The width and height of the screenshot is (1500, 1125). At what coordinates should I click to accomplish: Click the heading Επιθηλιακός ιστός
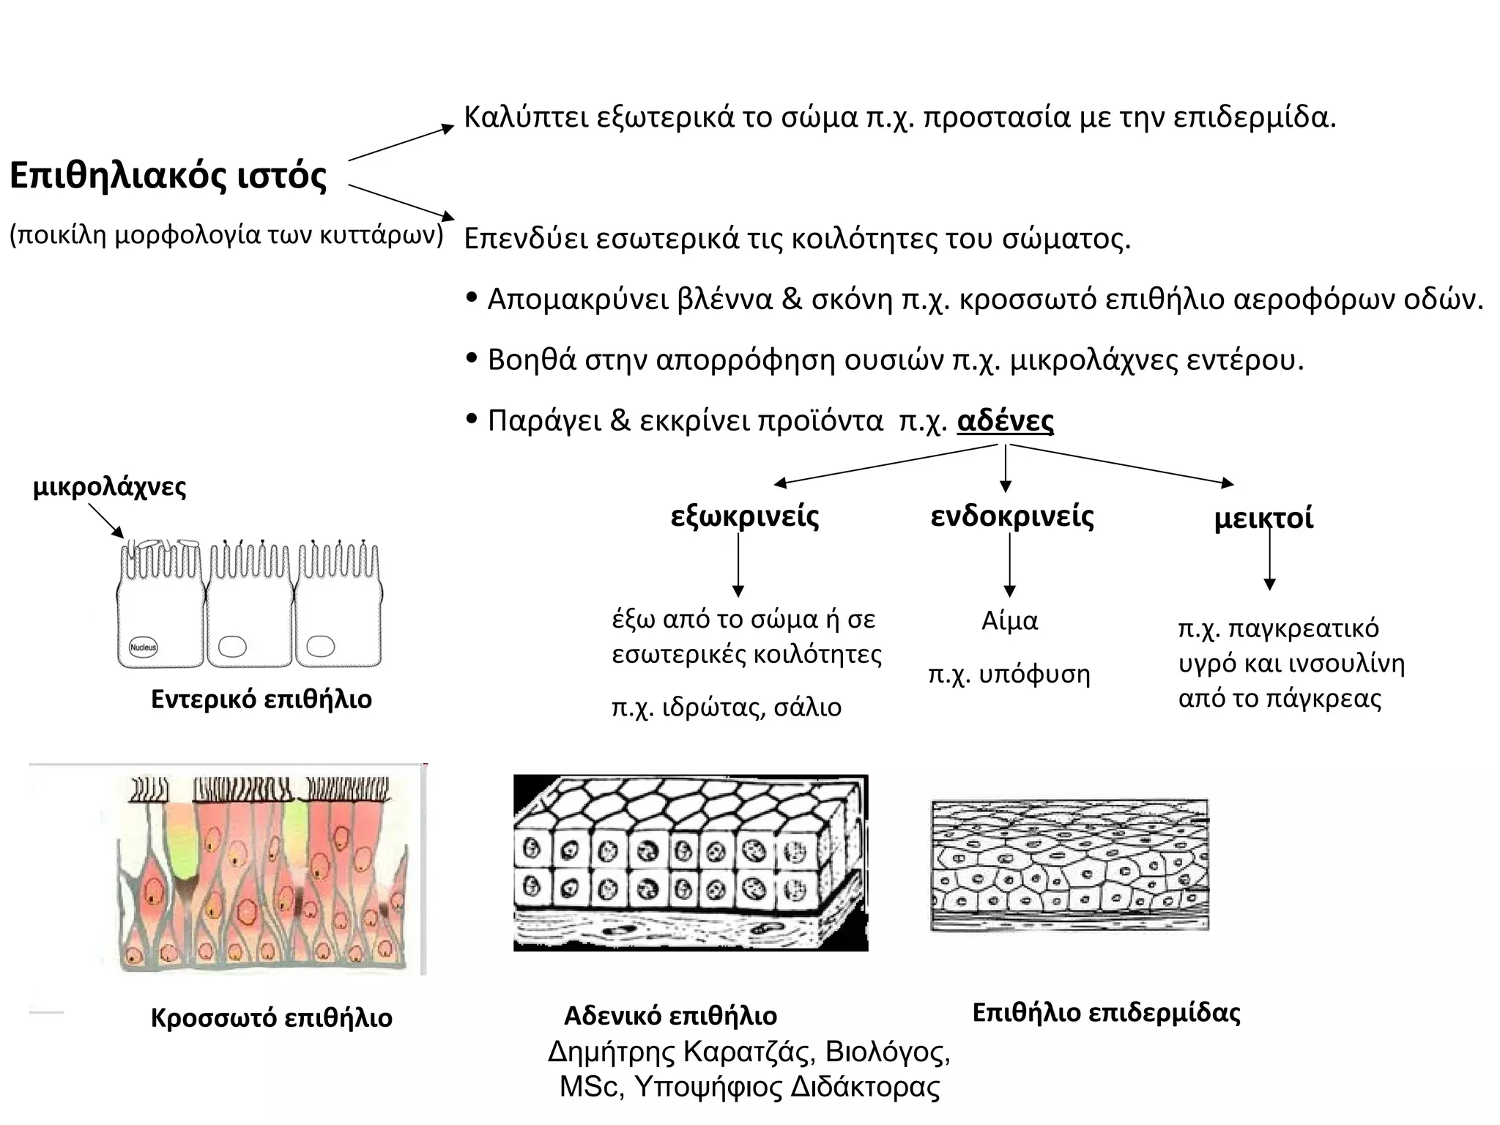click(x=168, y=177)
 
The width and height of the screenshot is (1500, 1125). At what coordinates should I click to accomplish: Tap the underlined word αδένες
click(x=1005, y=421)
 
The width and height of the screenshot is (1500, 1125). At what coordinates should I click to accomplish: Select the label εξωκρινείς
click(x=745, y=516)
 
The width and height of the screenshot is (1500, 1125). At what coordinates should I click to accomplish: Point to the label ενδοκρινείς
click(x=1012, y=516)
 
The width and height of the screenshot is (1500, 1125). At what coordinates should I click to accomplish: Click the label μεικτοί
click(x=1263, y=519)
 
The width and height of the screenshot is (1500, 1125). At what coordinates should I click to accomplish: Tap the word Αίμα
click(x=1009, y=621)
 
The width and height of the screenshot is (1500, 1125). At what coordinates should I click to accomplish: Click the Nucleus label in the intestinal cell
click(x=144, y=647)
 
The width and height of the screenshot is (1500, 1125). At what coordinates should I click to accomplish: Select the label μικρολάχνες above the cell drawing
click(x=110, y=487)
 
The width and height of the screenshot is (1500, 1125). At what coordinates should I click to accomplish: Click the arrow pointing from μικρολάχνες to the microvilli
click(x=106, y=521)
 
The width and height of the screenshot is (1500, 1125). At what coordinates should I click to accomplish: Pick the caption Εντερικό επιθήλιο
click(x=261, y=699)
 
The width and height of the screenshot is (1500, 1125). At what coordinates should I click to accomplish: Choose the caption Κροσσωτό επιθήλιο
click(x=272, y=1018)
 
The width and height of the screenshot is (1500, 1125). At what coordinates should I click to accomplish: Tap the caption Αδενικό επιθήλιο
click(x=670, y=1017)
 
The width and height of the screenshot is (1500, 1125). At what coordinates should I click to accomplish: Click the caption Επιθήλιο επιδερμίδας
click(x=1106, y=1013)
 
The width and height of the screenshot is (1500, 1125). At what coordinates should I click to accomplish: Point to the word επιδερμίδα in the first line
click(x=1254, y=117)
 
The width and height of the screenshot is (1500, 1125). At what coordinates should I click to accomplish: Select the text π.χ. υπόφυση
click(x=1009, y=674)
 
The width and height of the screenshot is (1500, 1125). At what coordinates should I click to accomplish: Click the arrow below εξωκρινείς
click(x=738, y=565)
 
